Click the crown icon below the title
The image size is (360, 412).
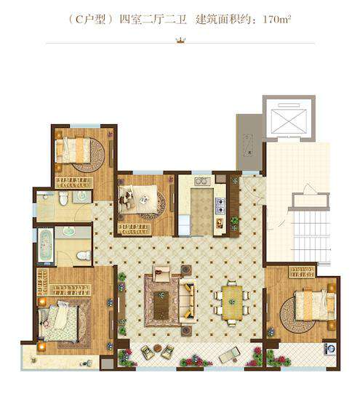[x=180, y=40]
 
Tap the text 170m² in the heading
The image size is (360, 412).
[x=276, y=20]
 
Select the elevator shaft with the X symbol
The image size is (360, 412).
[x=289, y=121]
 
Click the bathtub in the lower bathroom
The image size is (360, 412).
[x=46, y=245]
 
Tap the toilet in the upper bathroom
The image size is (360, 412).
[x=63, y=198]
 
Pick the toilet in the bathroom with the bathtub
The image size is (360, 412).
[x=84, y=255]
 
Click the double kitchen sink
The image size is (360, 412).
[x=202, y=181]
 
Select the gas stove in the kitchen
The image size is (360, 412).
[x=220, y=206]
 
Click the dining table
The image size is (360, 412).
[x=232, y=303]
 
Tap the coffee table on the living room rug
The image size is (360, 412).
[x=161, y=305]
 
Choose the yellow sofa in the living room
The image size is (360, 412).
[x=188, y=301]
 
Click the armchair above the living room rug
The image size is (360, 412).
[x=161, y=273]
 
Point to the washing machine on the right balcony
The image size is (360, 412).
[x=329, y=349]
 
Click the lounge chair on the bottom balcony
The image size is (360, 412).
[x=229, y=355]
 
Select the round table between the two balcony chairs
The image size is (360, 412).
[x=158, y=348]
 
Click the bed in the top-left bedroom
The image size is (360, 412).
[x=73, y=150]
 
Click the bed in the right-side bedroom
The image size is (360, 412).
[x=315, y=305]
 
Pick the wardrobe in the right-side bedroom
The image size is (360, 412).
[x=302, y=272]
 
